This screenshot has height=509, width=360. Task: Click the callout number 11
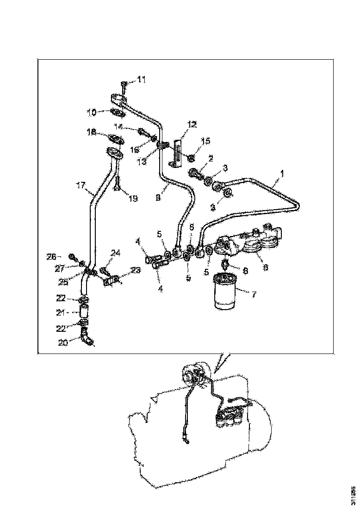[x=141, y=80]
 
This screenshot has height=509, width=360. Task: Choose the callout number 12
[x=192, y=124]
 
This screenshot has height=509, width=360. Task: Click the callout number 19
[x=133, y=199]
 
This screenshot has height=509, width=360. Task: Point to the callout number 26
[x=51, y=256]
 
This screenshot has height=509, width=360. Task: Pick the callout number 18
[x=91, y=132]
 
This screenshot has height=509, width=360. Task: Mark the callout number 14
[x=118, y=126]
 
